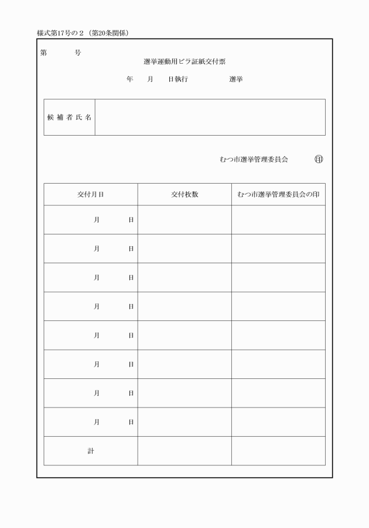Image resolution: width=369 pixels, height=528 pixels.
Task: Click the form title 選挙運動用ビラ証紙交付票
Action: (x=184, y=61)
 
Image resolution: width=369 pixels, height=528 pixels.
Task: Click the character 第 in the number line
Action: (x=44, y=53)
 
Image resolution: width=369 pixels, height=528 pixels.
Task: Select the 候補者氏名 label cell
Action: (x=70, y=117)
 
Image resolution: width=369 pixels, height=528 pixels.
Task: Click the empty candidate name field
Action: (x=210, y=117)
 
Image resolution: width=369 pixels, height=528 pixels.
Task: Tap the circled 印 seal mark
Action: (x=319, y=159)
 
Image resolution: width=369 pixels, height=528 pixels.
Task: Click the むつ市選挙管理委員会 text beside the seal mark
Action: (x=254, y=159)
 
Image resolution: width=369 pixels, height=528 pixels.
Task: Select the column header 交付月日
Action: (x=91, y=195)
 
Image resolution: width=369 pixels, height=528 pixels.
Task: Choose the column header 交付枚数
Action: (x=184, y=195)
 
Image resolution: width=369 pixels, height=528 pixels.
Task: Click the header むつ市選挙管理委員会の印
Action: (x=278, y=195)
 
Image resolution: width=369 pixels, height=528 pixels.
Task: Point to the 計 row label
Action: (x=91, y=451)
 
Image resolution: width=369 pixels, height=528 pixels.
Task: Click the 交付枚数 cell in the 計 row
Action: (x=184, y=451)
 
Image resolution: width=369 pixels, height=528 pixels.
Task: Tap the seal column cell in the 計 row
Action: (x=278, y=451)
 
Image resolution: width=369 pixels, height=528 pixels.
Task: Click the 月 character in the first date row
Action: (x=97, y=220)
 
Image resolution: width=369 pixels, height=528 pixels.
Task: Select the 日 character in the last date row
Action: (x=131, y=422)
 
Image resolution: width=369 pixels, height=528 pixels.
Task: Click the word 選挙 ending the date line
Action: (x=236, y=79)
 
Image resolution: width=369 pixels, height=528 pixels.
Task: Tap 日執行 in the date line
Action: (x=178, y=79)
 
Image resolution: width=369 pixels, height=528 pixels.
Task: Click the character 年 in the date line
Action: (x=130, y=79)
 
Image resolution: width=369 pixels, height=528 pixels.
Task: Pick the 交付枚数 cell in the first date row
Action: (x=184, y=220)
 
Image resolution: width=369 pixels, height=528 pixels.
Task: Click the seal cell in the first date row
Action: (x=278, y=220)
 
